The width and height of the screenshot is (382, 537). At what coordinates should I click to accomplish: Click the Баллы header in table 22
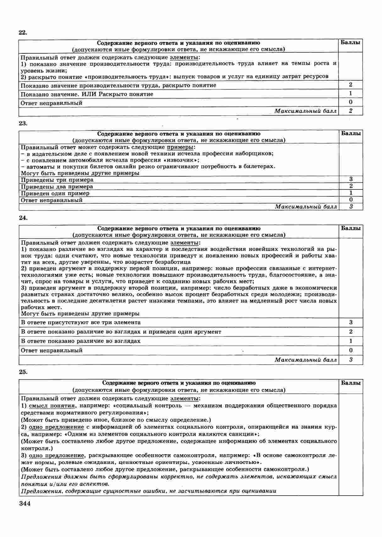(351, 42)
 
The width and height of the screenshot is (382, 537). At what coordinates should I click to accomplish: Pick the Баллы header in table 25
(351, 383)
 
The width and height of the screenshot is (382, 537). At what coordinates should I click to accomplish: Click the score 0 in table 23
(351, 200)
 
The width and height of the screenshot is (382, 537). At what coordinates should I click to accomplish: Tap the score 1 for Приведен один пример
(351, 193)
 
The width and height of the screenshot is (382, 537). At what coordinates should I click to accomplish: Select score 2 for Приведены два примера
(351, 186)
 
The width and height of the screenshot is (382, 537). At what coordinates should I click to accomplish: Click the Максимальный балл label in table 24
(306, 360)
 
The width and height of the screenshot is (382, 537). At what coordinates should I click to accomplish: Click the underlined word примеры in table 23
(181, 147)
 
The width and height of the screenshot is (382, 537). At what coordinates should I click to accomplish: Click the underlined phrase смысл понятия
(52, 406)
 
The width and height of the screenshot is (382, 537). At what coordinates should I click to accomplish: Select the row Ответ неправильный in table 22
(52, 103)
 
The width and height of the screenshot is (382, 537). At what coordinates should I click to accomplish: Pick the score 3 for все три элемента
(351, 322)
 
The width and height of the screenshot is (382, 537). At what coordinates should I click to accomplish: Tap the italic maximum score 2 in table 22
(351, 111)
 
